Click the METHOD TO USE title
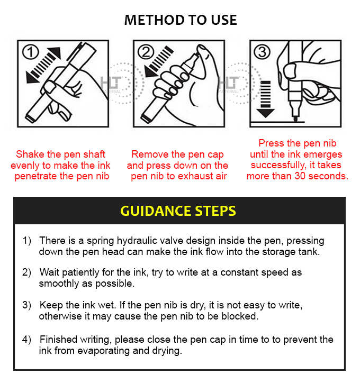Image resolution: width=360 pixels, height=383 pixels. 181,20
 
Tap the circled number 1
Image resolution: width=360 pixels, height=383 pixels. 31,52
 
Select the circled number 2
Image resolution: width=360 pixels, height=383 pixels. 146,52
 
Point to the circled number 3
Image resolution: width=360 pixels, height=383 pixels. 262,52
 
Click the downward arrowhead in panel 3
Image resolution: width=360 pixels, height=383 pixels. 265,113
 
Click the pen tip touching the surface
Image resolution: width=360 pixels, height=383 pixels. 295,118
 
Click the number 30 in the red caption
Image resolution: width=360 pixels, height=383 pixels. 300,176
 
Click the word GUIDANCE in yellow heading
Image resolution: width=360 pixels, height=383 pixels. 156,211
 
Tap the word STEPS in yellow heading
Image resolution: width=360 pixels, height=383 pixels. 215,211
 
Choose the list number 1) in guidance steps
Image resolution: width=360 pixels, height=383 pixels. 27,241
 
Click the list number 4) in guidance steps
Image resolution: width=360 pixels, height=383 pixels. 26,340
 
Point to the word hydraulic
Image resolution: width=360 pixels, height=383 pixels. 137,241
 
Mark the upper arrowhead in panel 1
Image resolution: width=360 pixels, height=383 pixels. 55,52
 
